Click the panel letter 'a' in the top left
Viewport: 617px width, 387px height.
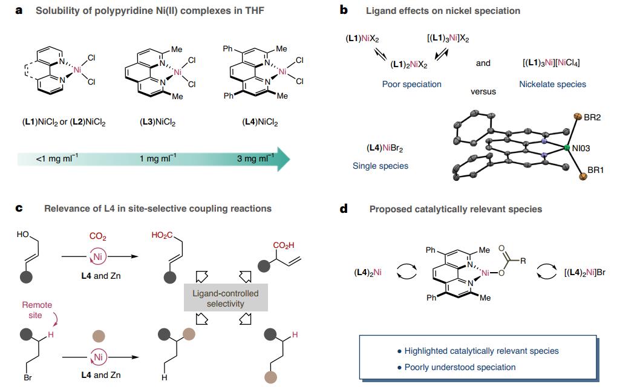click(19, 10)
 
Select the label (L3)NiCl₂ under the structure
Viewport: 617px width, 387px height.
click(157, 122)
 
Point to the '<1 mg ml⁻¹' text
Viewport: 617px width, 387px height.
click(56, 158)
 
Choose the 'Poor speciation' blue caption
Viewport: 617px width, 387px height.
click(411, 84)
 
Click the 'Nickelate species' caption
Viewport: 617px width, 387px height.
click(552, 84)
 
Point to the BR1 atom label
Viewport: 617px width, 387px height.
click(595, 171)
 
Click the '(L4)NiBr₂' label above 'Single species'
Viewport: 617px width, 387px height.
click(385, 148)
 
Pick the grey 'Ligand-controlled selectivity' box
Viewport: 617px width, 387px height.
click(226, 298)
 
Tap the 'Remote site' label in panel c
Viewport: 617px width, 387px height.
click(38, 309)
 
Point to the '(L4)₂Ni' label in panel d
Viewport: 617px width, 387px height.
click(368, 273)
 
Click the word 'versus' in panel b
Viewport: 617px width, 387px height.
click(483, 91)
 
